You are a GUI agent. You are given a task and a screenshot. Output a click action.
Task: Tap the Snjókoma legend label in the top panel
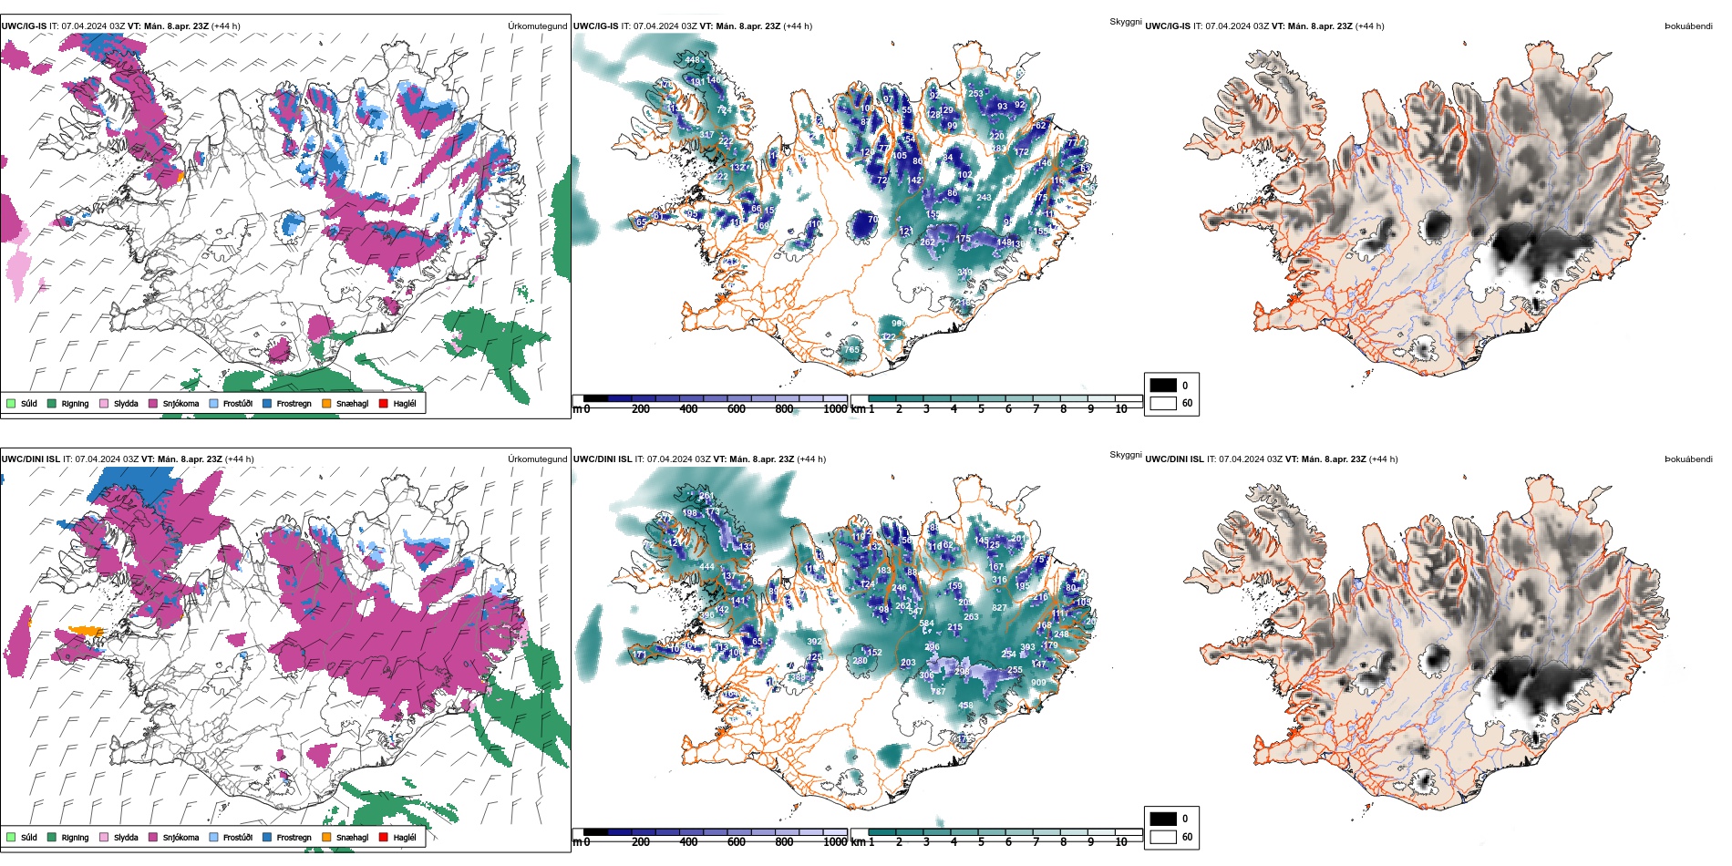point(180,404)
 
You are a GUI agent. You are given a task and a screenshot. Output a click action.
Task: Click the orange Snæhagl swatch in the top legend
point(326,404)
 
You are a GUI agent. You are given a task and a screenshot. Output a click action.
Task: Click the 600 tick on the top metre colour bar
point(737,409)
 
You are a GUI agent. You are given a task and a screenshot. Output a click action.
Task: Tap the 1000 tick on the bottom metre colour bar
point(835,842)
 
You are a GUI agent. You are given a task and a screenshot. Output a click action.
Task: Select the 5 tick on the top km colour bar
point(981,409)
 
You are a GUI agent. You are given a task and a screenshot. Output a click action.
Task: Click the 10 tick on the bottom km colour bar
point(1121,842)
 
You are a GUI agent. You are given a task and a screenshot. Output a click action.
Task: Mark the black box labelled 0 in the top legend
point(1163,385)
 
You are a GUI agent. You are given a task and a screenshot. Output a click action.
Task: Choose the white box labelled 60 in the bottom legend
point(1163,836)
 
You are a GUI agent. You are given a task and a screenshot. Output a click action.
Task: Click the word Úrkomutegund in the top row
point(537,26)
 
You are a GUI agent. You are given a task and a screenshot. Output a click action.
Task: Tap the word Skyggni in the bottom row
point(1125,455)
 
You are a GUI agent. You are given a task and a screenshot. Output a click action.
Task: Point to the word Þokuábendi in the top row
point(1688,26)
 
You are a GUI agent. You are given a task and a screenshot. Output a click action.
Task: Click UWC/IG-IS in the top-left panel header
point(24,26)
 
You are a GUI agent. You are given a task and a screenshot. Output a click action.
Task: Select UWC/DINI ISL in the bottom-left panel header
point(30,459)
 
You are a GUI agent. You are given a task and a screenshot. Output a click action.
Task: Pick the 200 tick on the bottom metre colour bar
point(641,842)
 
